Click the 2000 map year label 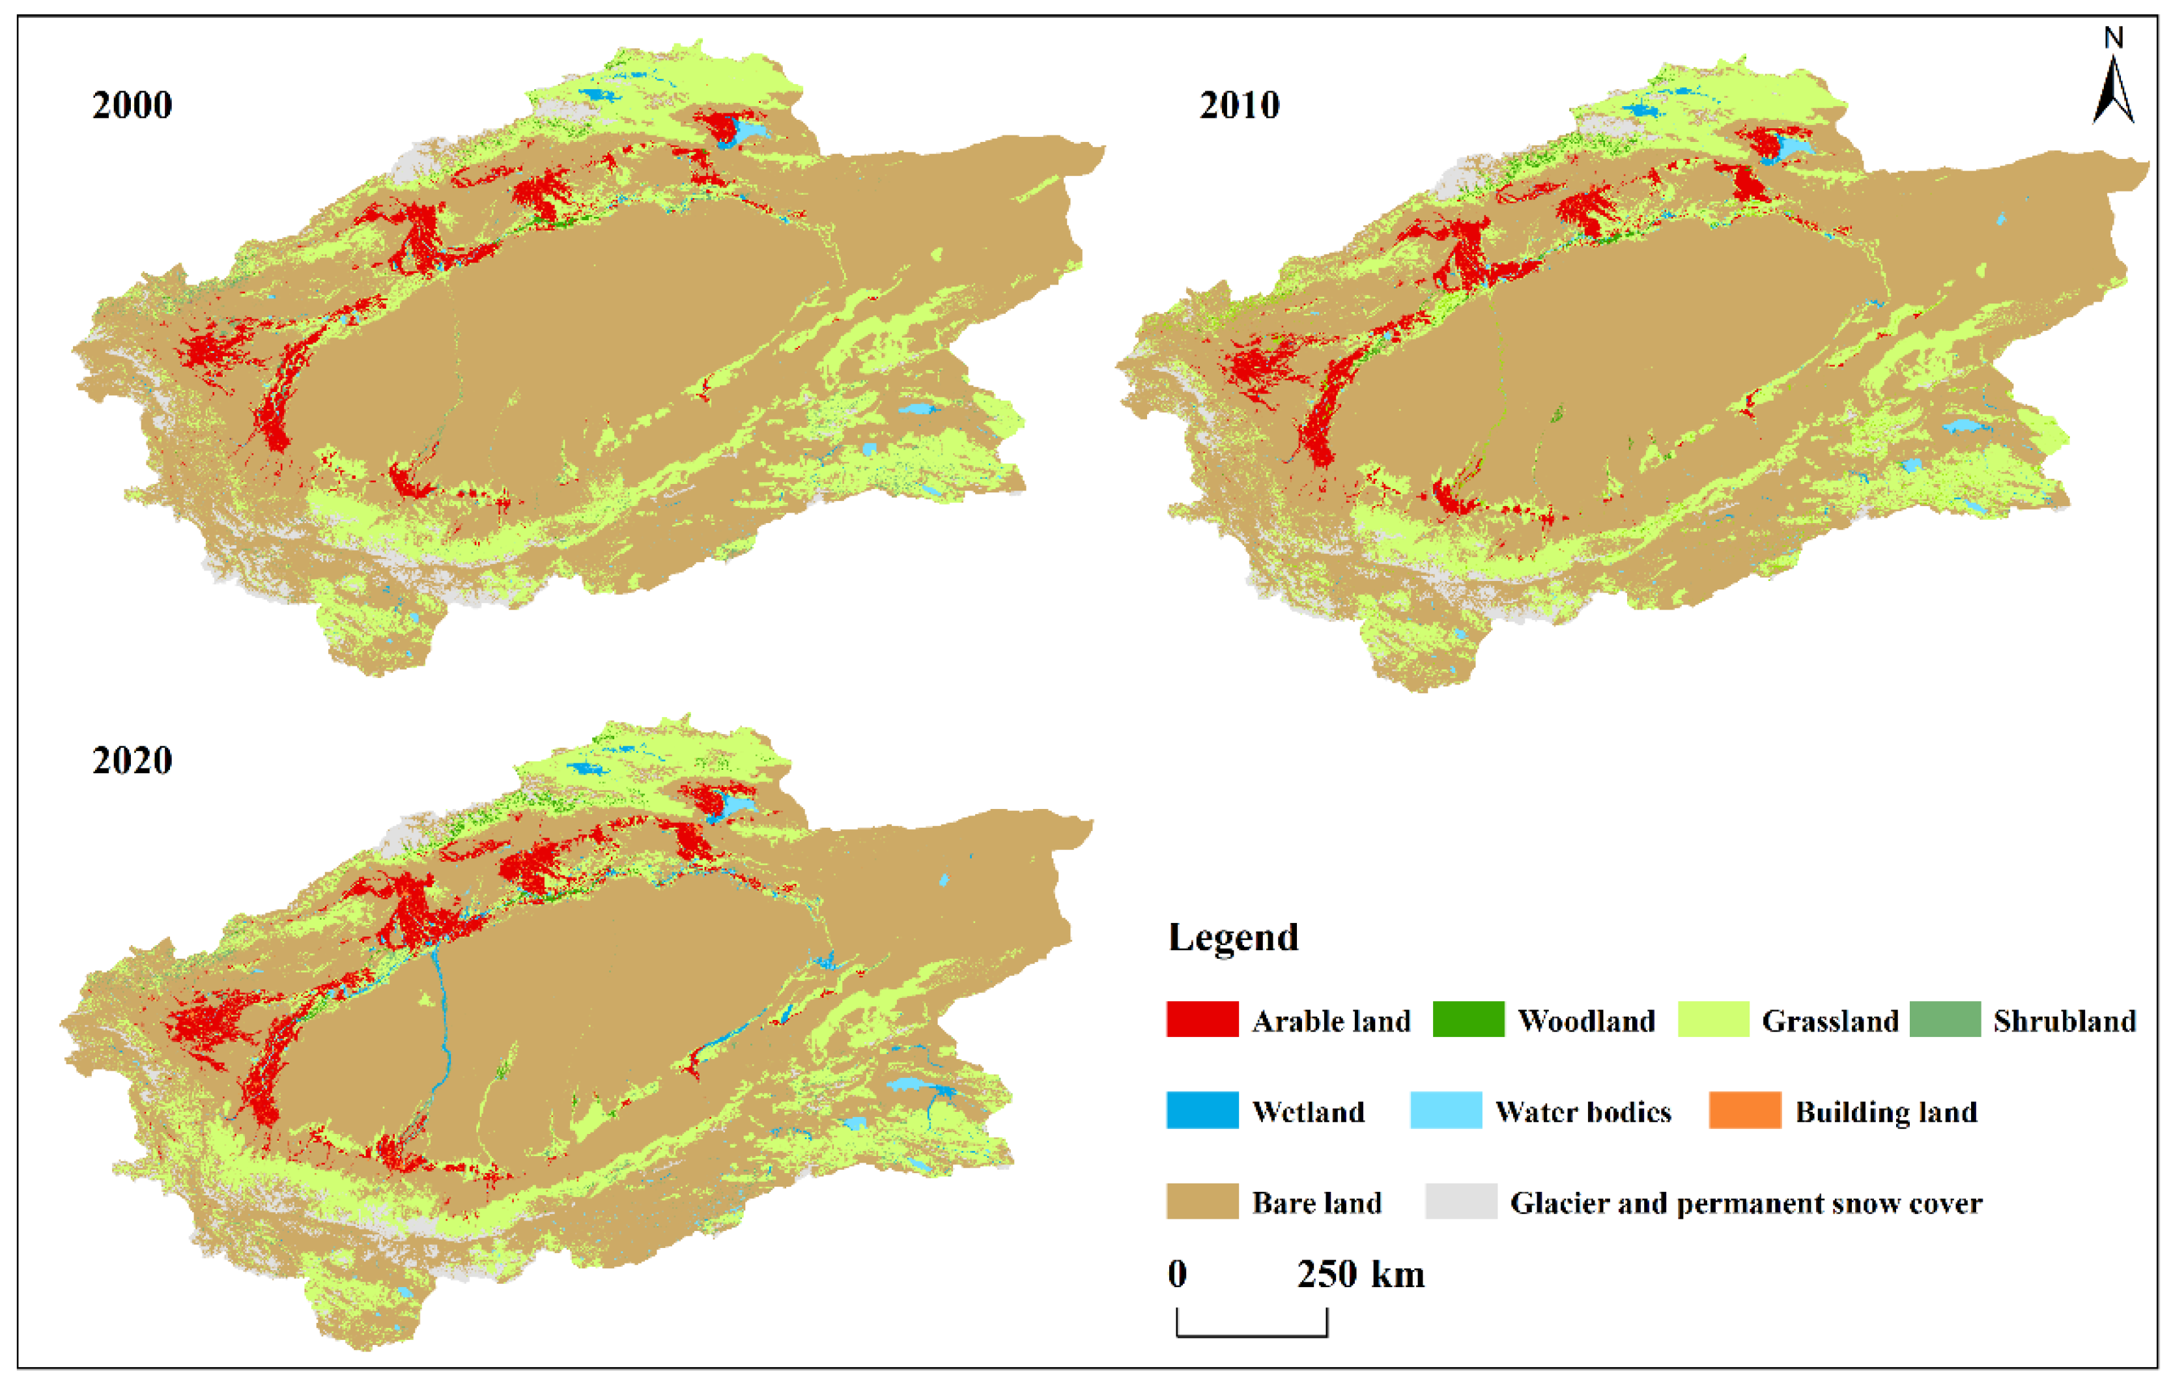[132, 106]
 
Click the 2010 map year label [1239, 106]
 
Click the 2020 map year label [132, 761]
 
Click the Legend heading [1232, 937]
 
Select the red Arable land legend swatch [1202, 1019]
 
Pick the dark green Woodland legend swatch [1468, 1019]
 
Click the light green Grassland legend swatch [1713, 1019]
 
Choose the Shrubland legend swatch [1945, 1019]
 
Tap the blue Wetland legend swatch [1202, 1111]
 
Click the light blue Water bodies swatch [1445, 1111]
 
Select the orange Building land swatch [1744, 1111]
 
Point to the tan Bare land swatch [1202, 1202]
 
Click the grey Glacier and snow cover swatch [1460, 1202]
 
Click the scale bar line [1251, 1335]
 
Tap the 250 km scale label [1361, 1275]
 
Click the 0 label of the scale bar [1178, 1275]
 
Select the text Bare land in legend [1316, 1202]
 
